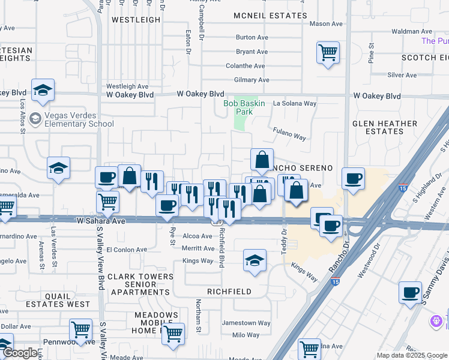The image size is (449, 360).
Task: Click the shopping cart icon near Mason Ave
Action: [328, 52]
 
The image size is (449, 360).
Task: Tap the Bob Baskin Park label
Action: [244, 107]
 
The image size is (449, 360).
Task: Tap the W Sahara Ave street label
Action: [101, 221]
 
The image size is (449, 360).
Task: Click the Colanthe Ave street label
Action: [245, 66]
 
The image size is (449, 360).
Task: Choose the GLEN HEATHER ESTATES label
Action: [385, 127]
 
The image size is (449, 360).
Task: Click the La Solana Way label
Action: [295, 103]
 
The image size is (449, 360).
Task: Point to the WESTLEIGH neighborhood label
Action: [136, 19]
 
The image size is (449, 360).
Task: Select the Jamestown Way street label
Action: [246, 323]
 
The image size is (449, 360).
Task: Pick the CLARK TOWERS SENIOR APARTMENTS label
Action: [140, 284]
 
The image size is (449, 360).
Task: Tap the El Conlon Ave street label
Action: [127, 250]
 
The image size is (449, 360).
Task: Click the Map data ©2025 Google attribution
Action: [411, 355]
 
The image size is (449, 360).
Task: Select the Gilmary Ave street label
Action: [252, 80]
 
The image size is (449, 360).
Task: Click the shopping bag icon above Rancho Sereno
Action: [262, 160]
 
